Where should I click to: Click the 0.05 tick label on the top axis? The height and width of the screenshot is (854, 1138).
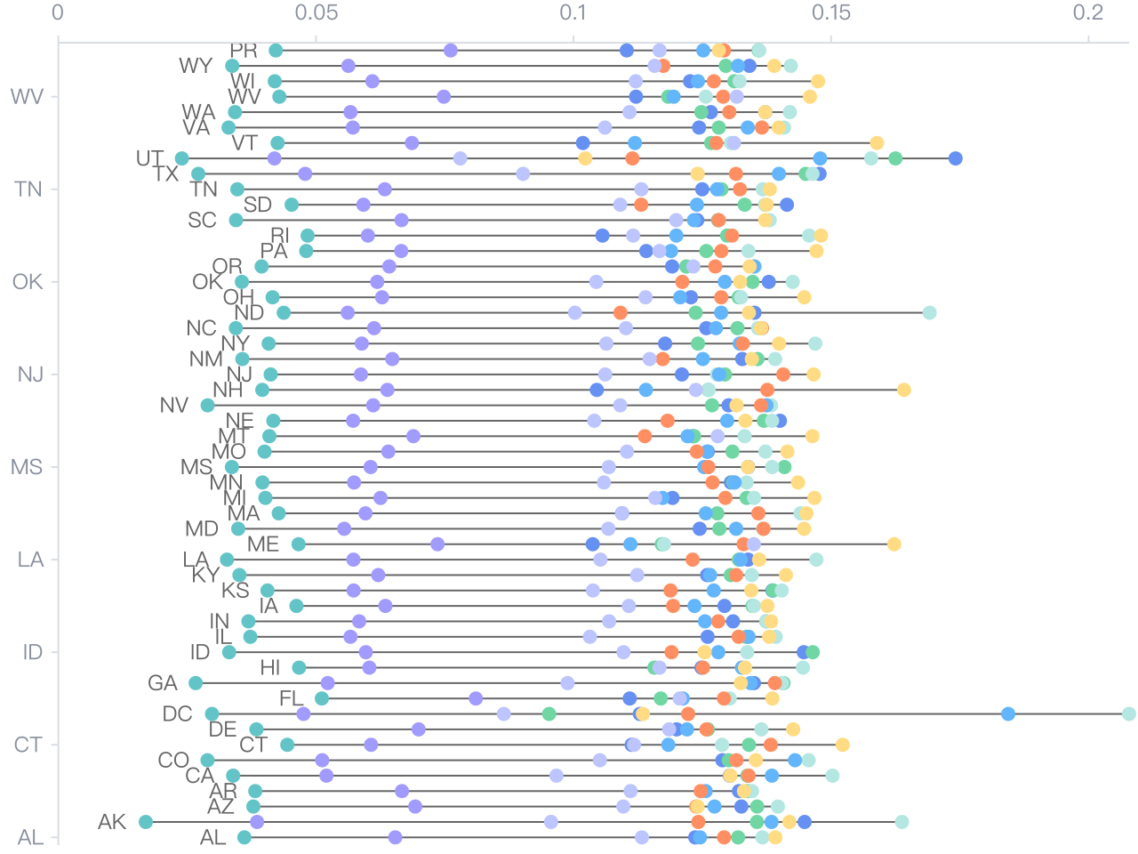(316, 12)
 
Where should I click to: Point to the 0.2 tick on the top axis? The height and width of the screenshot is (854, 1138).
(1088, 12)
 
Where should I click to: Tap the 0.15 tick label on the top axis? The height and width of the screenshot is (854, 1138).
(830, 12)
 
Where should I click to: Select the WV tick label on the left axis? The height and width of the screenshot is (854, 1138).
(27, 96)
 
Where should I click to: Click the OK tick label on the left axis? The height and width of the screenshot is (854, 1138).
(28, 282)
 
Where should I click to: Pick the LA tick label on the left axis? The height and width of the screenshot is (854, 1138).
(30, 560)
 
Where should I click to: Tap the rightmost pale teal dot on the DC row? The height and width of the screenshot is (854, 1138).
(1129, 713)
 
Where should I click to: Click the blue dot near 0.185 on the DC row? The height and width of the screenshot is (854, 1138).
(1008, 713)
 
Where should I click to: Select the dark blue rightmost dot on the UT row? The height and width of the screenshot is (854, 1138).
(956, 158)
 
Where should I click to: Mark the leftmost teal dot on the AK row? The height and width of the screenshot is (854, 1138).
(146, 822)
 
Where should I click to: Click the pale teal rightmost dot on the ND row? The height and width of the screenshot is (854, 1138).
(929, 312)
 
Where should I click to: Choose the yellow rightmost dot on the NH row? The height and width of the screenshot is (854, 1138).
(904, 390)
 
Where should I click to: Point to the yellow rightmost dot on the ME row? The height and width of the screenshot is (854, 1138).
(894, 544)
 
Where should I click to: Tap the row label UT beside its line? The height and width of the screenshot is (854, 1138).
(149, 158)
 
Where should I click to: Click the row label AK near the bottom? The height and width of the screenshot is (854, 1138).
(112, 822)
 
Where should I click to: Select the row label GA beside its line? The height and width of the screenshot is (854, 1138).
(163, 683)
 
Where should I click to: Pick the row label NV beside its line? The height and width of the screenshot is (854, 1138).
(174, 406)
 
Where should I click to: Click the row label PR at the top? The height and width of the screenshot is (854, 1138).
(244, 51)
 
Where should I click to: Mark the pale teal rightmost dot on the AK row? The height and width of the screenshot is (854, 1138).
(902, 822)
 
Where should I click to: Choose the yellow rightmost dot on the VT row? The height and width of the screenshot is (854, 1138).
(878, 143)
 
